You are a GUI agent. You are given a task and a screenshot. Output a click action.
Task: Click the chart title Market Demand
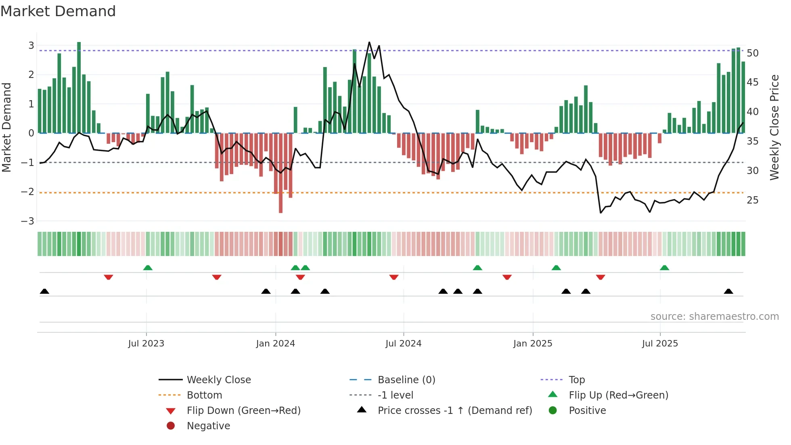pos(58,11)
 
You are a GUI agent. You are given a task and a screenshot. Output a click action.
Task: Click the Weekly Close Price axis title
pos(774,127)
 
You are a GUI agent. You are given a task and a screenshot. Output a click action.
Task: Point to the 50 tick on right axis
pos(752,53)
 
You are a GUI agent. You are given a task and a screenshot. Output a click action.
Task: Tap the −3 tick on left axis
pos(27,221)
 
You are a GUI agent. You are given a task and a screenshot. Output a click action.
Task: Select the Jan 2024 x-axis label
pos(275,344)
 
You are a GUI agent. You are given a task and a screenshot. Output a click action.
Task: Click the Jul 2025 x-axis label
pos(660,344)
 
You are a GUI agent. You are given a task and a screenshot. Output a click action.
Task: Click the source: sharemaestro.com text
pos(714,317)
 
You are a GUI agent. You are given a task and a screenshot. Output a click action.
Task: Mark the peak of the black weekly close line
pos(369,42)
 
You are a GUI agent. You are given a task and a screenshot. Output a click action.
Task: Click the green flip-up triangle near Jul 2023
pos(148,268)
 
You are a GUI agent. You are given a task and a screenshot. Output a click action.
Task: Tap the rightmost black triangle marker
pos(728,292)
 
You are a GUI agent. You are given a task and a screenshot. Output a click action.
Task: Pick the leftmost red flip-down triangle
pos(108,277)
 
